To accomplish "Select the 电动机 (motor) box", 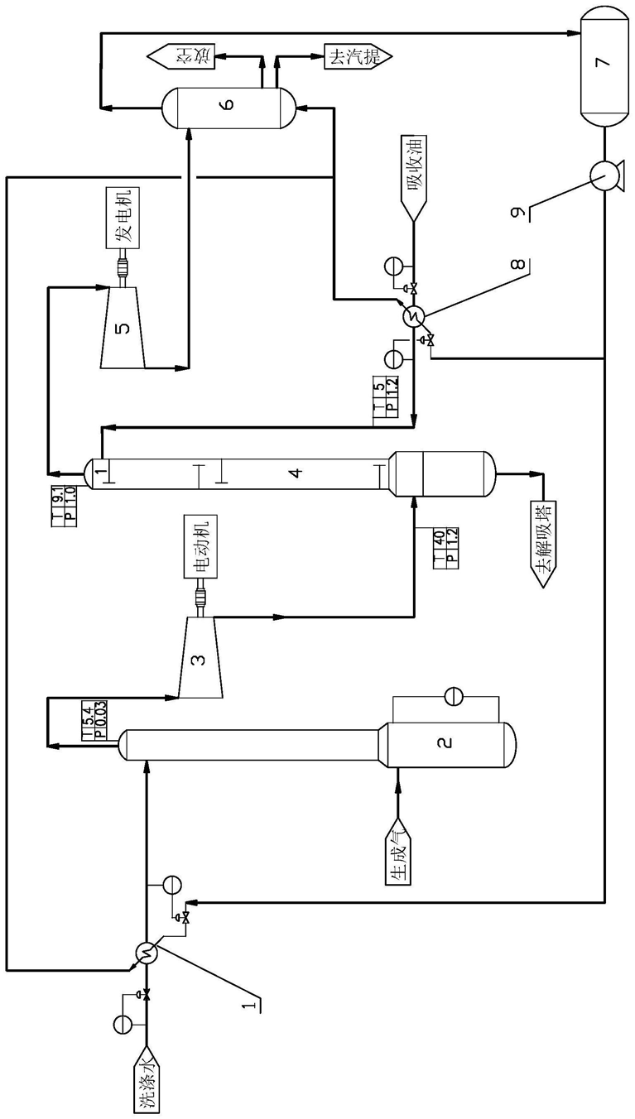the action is pos(201,548).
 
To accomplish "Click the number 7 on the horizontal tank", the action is pos(603,62).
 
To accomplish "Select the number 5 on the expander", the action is pos(123,328).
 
